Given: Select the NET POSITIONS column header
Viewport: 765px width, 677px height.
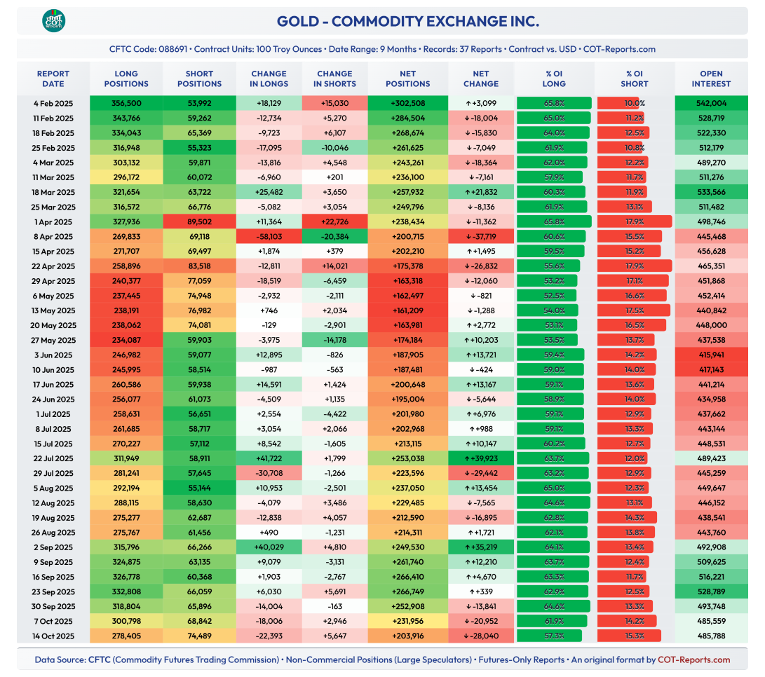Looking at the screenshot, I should coord(407,78).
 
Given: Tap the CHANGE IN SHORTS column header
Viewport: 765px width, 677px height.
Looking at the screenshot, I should coord(334,78).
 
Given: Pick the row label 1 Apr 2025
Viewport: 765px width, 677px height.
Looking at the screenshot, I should coord(53,222).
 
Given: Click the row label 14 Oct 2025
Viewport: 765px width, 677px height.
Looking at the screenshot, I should coord(53,636).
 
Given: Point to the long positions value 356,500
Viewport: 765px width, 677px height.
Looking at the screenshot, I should coord(126,104).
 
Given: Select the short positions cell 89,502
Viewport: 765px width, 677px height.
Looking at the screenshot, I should coord(199,222).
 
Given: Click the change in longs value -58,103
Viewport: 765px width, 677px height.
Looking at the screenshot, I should coord(269,237).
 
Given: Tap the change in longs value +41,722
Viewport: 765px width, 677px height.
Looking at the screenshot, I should coord(269,458).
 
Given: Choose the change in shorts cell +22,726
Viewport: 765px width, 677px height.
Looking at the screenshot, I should coord(334,222).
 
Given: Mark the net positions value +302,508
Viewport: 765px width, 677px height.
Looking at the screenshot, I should coord(407,104).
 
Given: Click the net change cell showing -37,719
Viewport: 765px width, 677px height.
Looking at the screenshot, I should coord(480,237).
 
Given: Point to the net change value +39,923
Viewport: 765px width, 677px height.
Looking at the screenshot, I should coord(480,458).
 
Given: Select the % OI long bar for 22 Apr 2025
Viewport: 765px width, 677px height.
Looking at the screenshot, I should coord(549,266).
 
